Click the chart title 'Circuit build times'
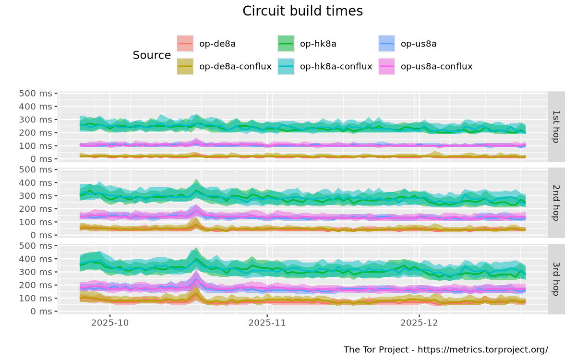click(302, 11)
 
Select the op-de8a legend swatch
click(185, 44)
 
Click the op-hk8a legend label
click(318, 44)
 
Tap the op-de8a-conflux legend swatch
click(185, 66)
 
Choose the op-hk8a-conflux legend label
click(336, 66)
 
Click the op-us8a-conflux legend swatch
click(386, 66)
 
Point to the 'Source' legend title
click(152, 55)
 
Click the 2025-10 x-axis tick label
click(110, 323)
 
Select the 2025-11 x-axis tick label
click(267, 323)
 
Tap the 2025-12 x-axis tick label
click(419, 323)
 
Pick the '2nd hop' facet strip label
click(556, 202)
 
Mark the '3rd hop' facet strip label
click(556, 278)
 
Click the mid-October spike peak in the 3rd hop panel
click(196, 250)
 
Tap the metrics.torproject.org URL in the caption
click(483, 349)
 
